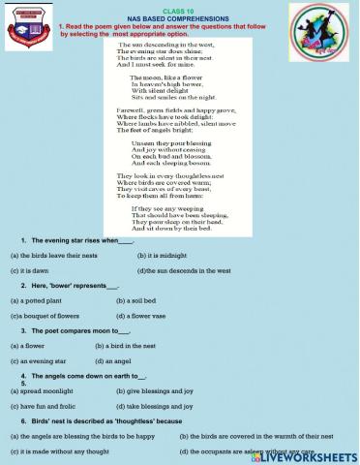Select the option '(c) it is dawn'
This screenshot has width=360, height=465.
click(x=31, y=270)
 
